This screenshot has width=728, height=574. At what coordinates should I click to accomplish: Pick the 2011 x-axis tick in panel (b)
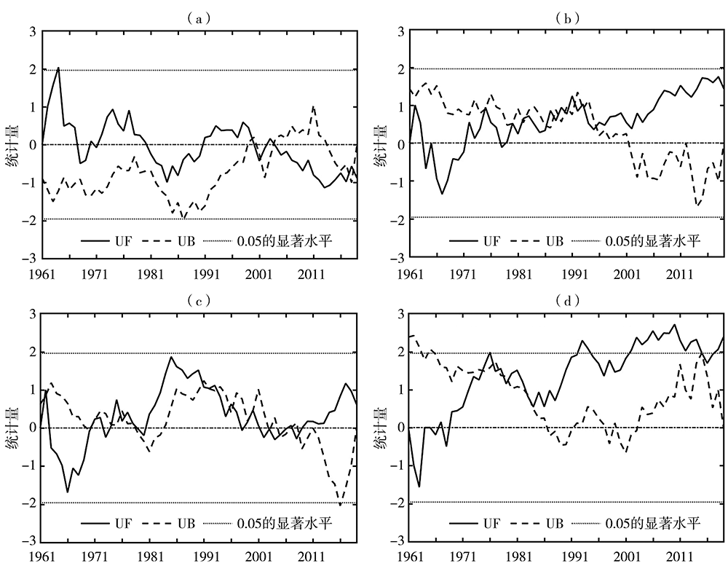pos(681,275)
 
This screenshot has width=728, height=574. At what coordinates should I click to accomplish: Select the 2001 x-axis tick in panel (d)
pos(626,558)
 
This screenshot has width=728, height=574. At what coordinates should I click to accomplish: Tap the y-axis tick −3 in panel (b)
pos(397,259)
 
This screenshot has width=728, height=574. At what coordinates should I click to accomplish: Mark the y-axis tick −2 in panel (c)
pos(31,503)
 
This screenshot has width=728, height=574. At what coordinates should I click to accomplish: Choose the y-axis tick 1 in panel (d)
pos(400,390)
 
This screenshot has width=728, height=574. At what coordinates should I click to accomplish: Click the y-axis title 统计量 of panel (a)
pos(12,144)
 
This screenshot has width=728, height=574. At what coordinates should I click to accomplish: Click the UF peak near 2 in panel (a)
pos(58,68)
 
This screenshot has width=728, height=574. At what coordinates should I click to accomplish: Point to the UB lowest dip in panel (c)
pos(340,505)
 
